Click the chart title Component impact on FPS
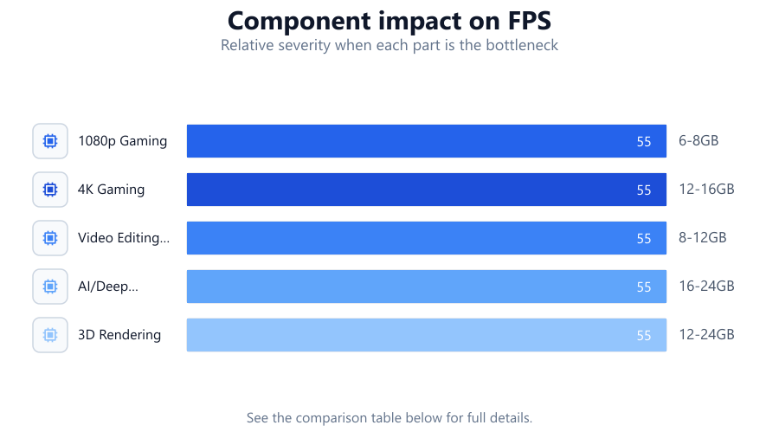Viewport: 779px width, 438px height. click(x=389, y=21)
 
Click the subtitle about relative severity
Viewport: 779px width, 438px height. click(x=389, y=45)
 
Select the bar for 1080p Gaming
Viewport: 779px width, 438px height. click(x=426, y=141)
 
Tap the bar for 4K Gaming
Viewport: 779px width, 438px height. click(x=426, y=190)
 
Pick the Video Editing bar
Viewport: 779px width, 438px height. click(x=426, y=238)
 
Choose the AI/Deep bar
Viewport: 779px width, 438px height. click(x=426, y=287)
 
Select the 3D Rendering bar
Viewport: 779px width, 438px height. click(x=426, y=335)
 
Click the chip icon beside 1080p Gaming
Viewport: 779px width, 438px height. click(x=50, y=141)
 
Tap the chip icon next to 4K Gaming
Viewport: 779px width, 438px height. click(x=50, y=190)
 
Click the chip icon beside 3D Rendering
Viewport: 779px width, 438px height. click(x=50, y=335)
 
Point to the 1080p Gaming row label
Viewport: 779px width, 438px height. click(x=122, y=141)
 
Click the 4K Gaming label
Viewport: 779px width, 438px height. click(x=112, y=190)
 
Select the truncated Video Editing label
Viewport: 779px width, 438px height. click(x=124, y=238)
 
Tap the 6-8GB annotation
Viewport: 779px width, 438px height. click(x=699, y=140)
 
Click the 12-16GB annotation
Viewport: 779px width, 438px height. click(x=706, y=190)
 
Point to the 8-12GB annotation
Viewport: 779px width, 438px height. click(x=703, y=237)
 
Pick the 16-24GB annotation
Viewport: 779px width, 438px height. click(x=706, y=286)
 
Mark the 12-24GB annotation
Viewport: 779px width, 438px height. click(x=706, y=335)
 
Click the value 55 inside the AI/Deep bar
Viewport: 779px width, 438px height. click(x=644, y=287)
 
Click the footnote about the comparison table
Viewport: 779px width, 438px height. click(x=389, y=417)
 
